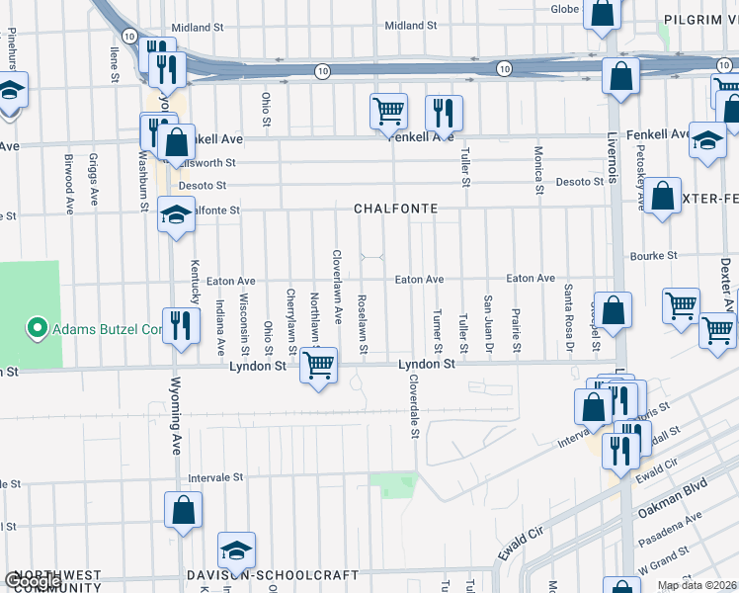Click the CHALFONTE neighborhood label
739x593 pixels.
click(395, 210)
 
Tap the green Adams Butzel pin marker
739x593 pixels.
click(37, 328)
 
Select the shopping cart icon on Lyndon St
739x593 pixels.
click(318, 366)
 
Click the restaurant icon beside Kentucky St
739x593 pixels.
click(180, 326)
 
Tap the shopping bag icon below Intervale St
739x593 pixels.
click(183, 510)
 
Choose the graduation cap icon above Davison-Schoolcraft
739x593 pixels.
click(236, 551)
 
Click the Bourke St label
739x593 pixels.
click(657, 255)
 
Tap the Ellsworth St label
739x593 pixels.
click(209, 162)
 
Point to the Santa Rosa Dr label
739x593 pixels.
click(569, 319)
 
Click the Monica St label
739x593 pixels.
click(539, 169)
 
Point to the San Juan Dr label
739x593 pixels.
click(488, 323)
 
